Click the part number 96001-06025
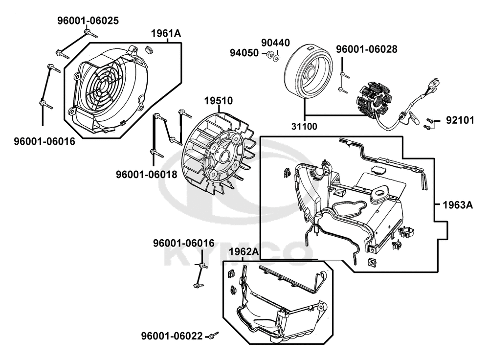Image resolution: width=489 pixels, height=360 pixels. pos(88,21)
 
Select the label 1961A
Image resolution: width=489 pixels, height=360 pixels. pos(166,33)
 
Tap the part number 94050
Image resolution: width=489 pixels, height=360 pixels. pos(244,53)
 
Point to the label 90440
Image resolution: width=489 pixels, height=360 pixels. pos(275,43)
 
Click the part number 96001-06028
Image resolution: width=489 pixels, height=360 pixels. pos(367,49)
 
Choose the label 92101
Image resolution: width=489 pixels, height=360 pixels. pos(460,120)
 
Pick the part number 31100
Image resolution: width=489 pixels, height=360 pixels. pos(304,126)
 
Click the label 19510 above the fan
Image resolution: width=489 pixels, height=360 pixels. pos(219,101)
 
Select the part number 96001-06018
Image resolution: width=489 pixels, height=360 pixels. pos(147,175)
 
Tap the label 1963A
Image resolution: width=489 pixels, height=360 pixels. pos(458,205)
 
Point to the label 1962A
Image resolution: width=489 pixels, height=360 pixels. pos(244,251)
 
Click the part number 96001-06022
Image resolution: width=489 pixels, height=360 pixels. pos(172,336)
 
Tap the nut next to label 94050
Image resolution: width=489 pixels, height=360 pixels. pos(269,55)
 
